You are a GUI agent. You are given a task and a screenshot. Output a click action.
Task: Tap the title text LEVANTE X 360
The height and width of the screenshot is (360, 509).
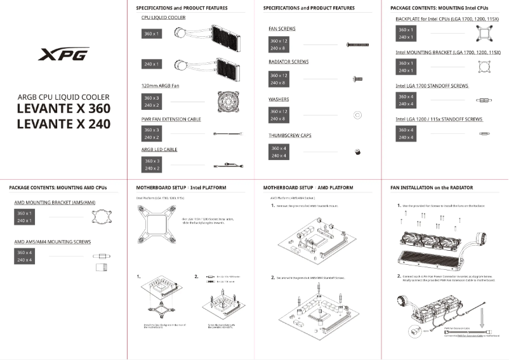pos(63,109)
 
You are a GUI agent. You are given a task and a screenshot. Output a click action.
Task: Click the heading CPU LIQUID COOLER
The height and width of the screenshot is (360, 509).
pos(164,18)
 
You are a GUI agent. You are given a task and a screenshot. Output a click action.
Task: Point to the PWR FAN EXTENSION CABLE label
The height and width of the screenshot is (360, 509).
pos(171,119)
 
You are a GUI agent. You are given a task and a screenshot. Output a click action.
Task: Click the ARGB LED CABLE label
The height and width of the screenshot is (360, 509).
pos(159,150)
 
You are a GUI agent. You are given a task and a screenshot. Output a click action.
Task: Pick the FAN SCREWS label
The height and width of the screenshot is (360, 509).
pos(282,29)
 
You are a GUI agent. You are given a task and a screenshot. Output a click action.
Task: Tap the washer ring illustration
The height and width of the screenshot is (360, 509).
pos(357,115)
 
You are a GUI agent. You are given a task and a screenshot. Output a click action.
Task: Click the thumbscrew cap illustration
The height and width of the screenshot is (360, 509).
pos(357,152)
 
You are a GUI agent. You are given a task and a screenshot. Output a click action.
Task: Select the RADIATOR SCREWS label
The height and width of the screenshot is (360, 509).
pos(288,62)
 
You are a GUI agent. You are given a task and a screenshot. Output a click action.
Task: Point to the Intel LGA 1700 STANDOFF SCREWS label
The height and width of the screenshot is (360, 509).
pos(432,85)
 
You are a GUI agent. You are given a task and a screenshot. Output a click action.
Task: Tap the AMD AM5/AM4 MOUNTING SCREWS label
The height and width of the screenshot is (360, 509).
pos(53,242)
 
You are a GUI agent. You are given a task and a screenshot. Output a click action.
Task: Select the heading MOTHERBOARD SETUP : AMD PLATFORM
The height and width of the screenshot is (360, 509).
pos(308,189)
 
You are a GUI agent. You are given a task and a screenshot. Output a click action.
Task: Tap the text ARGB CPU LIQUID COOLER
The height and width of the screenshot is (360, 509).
pos(63,97)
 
